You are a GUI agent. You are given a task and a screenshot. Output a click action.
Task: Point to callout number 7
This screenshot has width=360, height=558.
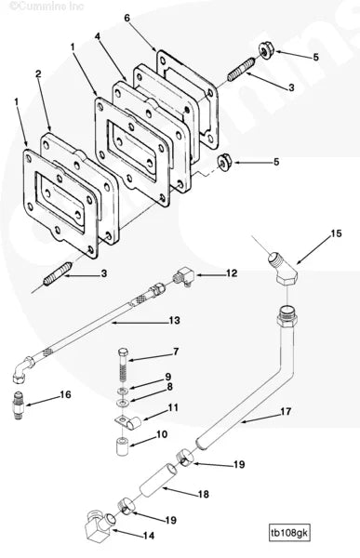tap(175, 352)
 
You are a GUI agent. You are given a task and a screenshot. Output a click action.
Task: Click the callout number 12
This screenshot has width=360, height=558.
tap(232, 273)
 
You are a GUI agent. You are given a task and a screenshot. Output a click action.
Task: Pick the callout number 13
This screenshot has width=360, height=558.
tap(173, 321)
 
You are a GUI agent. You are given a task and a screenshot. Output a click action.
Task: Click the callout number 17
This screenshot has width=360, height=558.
tap(286, 410)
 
